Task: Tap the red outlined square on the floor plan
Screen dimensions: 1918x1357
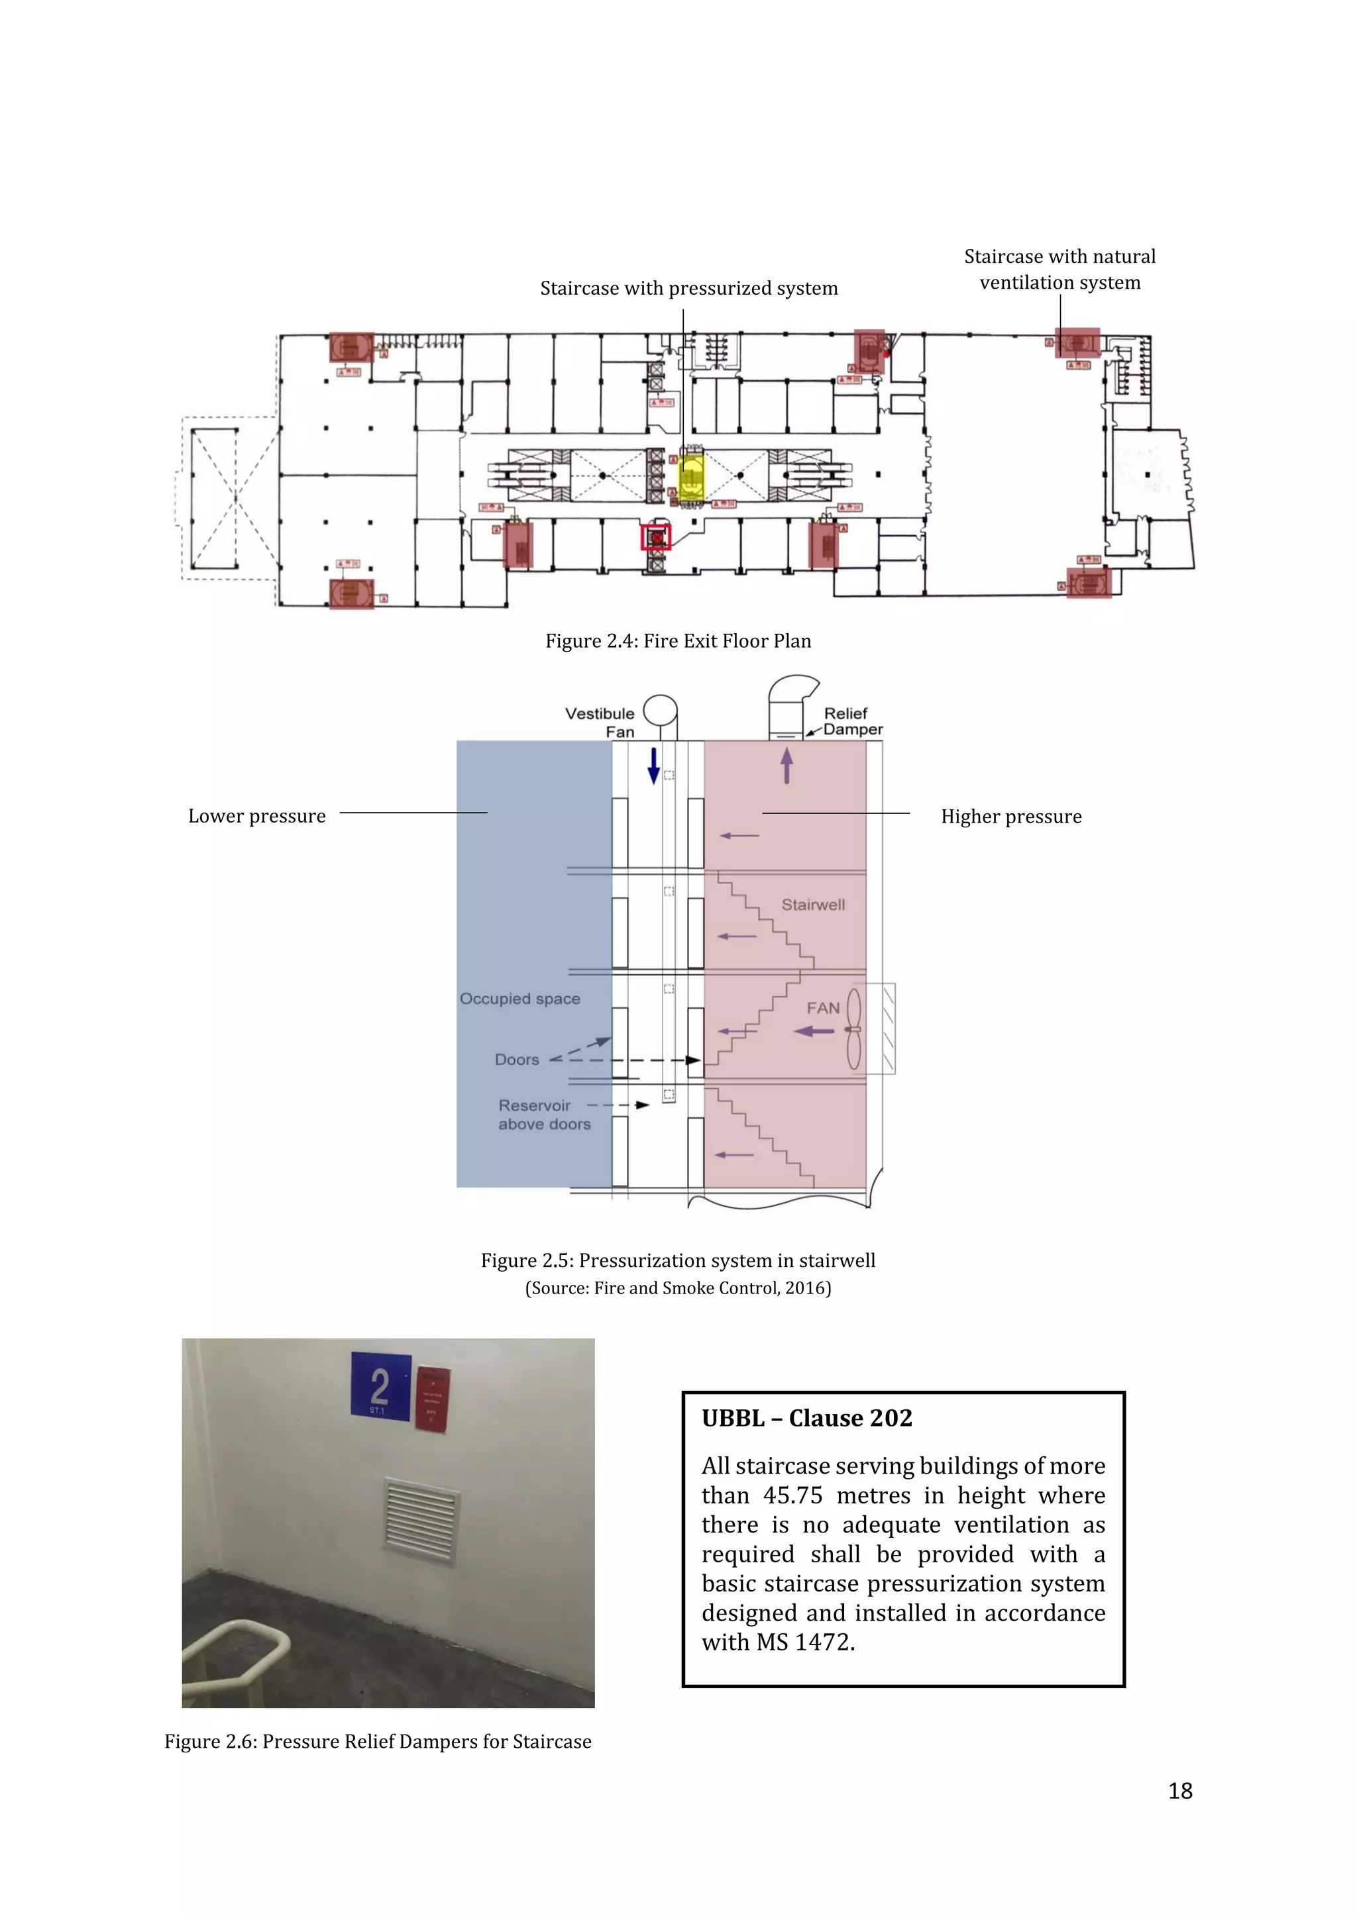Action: coord(656,537)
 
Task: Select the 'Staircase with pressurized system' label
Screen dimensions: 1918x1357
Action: coord(688,288)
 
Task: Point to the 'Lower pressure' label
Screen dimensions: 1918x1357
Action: coord(256,816)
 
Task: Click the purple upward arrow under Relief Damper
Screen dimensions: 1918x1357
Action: coord(787,764)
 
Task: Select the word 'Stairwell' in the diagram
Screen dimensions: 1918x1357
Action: coord(813,905)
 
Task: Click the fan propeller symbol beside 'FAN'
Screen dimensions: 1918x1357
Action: coord(854,1029)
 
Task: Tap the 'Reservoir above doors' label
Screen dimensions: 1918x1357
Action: coord(543,1115)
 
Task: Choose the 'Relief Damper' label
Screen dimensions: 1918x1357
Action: coord(851,721)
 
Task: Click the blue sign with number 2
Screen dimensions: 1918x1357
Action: coord(380,1386)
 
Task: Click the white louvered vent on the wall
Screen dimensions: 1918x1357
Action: coord(421,1522)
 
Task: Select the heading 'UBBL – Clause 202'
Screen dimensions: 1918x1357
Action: coord(806,1417)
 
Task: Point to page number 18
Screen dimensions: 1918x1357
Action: coord(1180,1790)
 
